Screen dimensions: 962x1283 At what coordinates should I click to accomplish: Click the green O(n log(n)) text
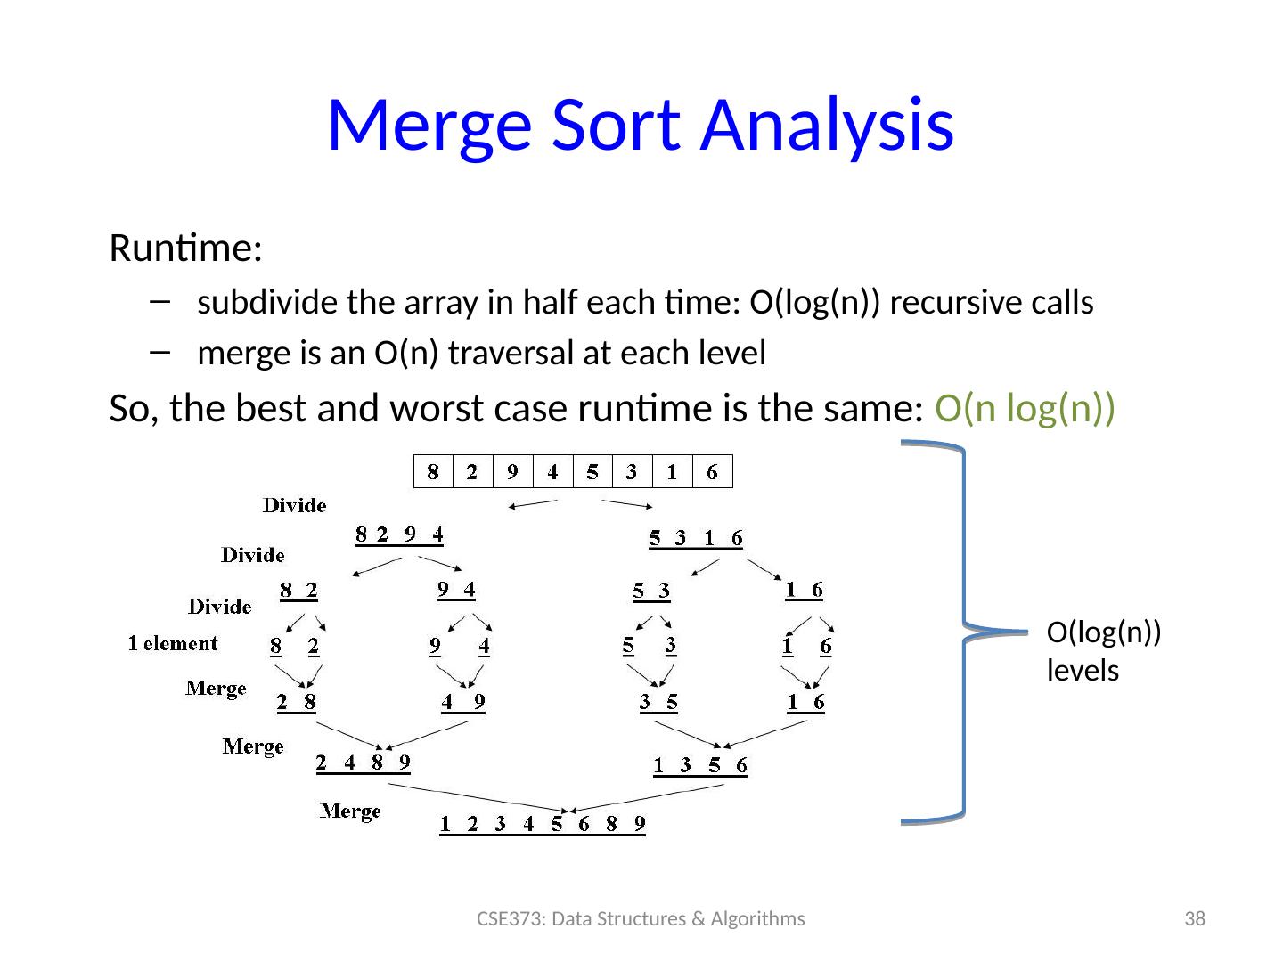click(x=1025, y=409)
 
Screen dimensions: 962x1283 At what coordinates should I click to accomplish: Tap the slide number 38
click(x=1194, y=918)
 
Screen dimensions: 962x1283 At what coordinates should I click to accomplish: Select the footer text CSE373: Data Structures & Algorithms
click(x=640, y=918)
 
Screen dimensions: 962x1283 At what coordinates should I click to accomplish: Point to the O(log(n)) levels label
click(x=1103, y=651)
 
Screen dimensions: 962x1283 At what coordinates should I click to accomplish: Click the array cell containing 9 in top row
click(x=512, y=472)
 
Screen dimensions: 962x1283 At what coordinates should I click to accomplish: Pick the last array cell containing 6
click(x=712, y=472)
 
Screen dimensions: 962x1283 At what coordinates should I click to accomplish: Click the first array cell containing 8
click(x=433, y=472)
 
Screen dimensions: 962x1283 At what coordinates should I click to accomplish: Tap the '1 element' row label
click(x=173, y=643)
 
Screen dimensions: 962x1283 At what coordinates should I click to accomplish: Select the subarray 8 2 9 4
click(x=399, y=534)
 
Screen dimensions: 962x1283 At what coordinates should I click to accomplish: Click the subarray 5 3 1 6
click(x=695, y=538)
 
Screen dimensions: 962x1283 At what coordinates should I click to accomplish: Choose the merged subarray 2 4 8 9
click(x=364, y=762)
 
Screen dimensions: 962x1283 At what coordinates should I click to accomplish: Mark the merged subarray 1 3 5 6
click(x=700, y=765)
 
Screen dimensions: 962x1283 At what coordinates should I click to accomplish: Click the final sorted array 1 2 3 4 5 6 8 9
click(x=542, y=824)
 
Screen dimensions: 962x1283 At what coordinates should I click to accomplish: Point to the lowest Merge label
click(x=350, y=811)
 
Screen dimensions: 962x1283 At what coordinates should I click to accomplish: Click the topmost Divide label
click(x=294, y=506)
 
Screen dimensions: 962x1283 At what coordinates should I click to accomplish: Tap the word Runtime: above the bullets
click(x=184, y=249)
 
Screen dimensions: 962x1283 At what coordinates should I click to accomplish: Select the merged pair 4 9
click(x=463, y=703)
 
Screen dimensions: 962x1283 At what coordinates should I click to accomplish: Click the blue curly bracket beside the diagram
click(x=963, y=631)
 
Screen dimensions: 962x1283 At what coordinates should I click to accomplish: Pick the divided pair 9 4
click(x=456, y=590)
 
